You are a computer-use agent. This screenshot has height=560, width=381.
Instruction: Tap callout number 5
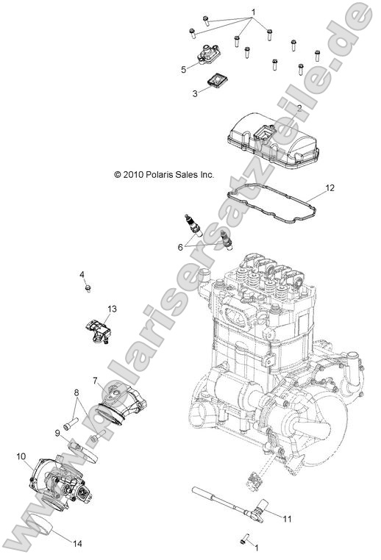184,70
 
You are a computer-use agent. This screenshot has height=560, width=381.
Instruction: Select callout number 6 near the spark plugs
180,248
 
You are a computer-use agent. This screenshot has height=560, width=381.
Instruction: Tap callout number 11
288,519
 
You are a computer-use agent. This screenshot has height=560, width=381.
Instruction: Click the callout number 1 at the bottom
256,548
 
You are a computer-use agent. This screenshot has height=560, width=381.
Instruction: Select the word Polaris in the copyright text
162,175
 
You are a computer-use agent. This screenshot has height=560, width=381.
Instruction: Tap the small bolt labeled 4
88,290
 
